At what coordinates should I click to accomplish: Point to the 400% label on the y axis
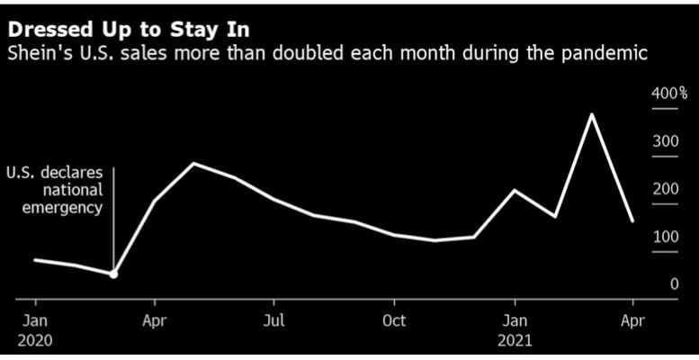coord(669,93)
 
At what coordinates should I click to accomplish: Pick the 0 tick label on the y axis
coord(674,284)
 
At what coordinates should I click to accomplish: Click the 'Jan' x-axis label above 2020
coord(35,320)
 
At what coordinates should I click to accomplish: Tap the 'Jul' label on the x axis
coord(274,320)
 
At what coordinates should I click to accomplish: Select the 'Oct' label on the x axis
coord(394,320)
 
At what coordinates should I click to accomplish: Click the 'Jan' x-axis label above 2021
coord(515,320)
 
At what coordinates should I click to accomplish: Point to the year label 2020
coord(35,341)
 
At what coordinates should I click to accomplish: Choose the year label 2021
coord(515,341)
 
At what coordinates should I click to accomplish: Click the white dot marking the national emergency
coord(113,274)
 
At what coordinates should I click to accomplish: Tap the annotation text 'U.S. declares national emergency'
coord(55,190)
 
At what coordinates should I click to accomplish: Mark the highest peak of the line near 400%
coord(592,114)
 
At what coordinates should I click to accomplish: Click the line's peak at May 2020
coord(193,164)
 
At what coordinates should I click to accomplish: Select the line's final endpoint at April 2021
coord(632,220)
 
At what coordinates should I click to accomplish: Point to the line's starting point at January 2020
coord(35,259)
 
